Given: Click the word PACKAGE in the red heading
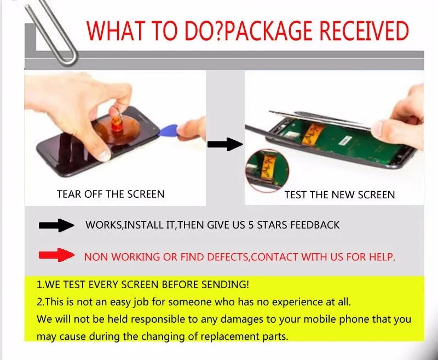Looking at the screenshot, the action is [x=268, y=31].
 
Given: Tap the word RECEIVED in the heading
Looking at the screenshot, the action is [x=364, y=31].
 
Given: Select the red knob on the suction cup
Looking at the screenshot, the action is [x=117, y=124].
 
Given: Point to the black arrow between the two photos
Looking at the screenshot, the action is [x=225, y=144].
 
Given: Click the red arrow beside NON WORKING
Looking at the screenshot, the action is [x=57, y=255].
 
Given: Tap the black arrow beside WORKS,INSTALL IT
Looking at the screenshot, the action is [x=57, y=225].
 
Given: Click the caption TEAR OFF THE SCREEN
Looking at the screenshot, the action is [x=111, y=195].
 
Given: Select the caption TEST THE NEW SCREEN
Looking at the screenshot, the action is [x=339, y=195].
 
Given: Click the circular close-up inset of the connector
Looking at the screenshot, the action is [x=267, y=170].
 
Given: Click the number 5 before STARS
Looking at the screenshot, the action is [x=251, y=225].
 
